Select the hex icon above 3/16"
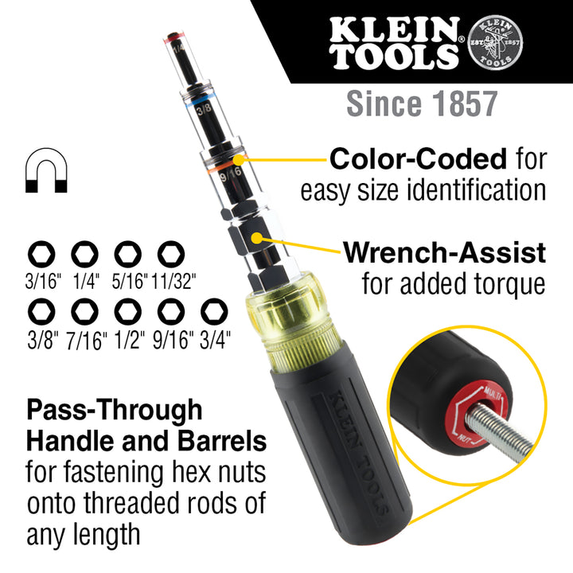tap(39, 255)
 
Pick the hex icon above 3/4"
tap(214, 310)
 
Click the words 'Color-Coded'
tap(418, 159)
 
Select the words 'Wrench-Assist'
tap(444, 254)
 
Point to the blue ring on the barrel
tap(194, 103)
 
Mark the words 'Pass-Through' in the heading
tap(115, 411)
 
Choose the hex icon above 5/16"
tap(127, 255)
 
